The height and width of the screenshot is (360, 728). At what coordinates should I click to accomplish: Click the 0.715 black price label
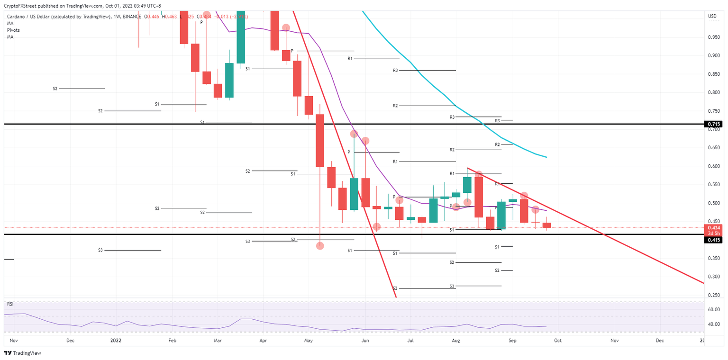(714, 124)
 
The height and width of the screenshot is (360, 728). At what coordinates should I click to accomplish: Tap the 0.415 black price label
(714, 240)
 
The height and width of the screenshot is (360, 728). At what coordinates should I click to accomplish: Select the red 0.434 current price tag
(714, 228)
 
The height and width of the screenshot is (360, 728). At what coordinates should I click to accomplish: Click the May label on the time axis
(309, 340)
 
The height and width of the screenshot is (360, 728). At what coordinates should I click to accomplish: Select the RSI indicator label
(10, 305)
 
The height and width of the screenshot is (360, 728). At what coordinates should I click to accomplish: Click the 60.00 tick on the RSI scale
(714, 310)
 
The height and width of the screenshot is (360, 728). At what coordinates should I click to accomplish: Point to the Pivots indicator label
(13, 30)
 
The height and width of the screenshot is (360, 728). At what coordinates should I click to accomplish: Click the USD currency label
(712, 17)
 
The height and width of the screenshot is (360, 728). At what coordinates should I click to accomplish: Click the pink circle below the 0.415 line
(320, 246)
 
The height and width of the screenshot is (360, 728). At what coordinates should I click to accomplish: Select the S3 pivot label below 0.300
(452, 286)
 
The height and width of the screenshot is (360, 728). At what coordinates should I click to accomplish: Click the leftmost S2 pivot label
(55, 89)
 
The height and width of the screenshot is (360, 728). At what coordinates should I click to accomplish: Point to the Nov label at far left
(13, 340)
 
